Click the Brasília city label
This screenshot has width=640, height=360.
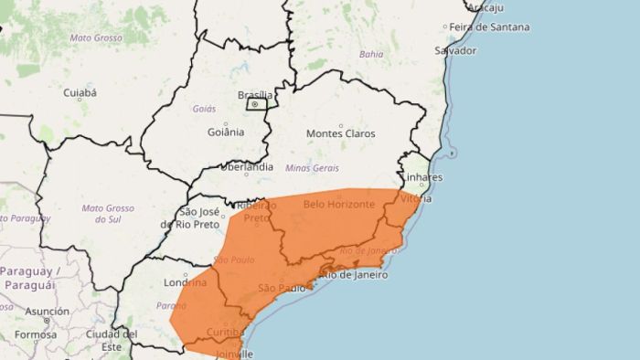(255, 95)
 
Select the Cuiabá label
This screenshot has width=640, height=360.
(80, 92)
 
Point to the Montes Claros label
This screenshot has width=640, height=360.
(340, 133)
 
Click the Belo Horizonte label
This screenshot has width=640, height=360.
(338, 204)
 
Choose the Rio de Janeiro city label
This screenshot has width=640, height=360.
(353, 275)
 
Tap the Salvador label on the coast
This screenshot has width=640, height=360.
(456, 50)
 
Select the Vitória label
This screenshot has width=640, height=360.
(416, 197)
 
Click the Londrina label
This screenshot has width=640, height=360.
(187, 282)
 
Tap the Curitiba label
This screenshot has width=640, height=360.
(224, 331)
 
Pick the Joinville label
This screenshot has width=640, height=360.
(234, 353)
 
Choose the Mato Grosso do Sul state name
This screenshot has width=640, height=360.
(108, 213)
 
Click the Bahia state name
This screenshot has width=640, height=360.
(371, 54)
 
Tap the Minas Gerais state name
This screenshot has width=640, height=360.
(312, 168)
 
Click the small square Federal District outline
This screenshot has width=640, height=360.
(257, 105)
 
